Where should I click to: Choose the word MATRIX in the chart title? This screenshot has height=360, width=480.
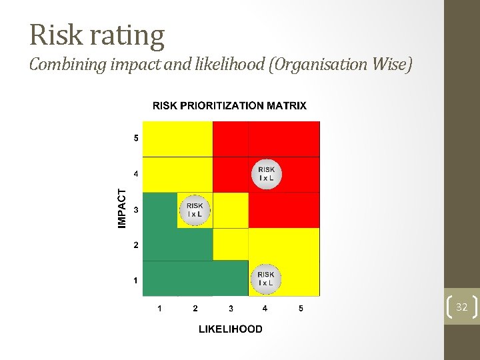pos(284,105)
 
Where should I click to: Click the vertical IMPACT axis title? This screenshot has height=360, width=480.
pos(122,207)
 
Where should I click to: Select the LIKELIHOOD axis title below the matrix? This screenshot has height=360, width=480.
pos(230,329)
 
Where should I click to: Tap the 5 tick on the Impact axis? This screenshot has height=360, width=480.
pos(136,139)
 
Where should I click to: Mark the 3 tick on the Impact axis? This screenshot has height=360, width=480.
pos(136,210)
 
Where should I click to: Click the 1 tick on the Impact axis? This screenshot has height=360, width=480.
pos(136,281)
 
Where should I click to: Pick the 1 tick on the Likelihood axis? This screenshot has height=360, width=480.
pos(159,308)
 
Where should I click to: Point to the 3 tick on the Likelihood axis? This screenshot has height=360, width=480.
pos(231,308)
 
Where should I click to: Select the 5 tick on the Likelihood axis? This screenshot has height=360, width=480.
pos(301,308)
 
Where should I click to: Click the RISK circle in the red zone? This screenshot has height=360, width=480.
pos(266,174)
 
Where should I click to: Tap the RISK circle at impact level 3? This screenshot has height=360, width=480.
pos(195,210)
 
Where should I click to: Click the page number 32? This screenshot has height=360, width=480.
pos(461,307)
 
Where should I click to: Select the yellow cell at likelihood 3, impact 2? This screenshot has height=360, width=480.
pos(231,245)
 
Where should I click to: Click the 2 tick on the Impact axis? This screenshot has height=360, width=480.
pos(136,245)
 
